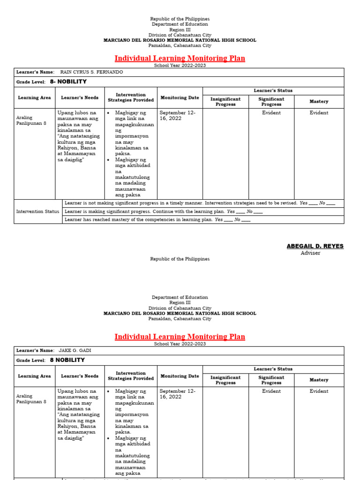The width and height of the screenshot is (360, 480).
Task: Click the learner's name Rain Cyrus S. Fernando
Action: (x=92, y=72)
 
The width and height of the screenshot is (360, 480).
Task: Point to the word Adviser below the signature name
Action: (x=310, y=253)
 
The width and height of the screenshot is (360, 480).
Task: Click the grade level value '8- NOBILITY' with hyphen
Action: (x=68, y=82)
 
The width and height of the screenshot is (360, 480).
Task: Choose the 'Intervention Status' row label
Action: (x=38, y=211)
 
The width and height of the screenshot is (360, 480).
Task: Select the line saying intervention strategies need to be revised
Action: (x=181, y=203)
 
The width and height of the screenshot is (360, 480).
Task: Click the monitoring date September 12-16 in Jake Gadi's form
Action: (x=178, y=394)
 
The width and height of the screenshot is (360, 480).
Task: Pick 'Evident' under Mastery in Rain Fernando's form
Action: (x=319, y=113)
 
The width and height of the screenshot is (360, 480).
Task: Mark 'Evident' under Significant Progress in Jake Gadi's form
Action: (x=271, y=391)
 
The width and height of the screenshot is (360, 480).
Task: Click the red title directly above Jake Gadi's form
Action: (x=180, y=337)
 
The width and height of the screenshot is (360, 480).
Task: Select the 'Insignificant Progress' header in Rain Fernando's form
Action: (x=225, y=102)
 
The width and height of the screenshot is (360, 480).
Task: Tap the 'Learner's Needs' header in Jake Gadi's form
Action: (x=80, y=376)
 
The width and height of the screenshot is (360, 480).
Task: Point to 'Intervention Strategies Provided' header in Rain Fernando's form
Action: (x=131, y=97)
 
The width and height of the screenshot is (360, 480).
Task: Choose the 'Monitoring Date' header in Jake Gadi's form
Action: (x=180, y=376)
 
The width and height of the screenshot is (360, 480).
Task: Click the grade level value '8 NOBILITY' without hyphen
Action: (x=67, y=360)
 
